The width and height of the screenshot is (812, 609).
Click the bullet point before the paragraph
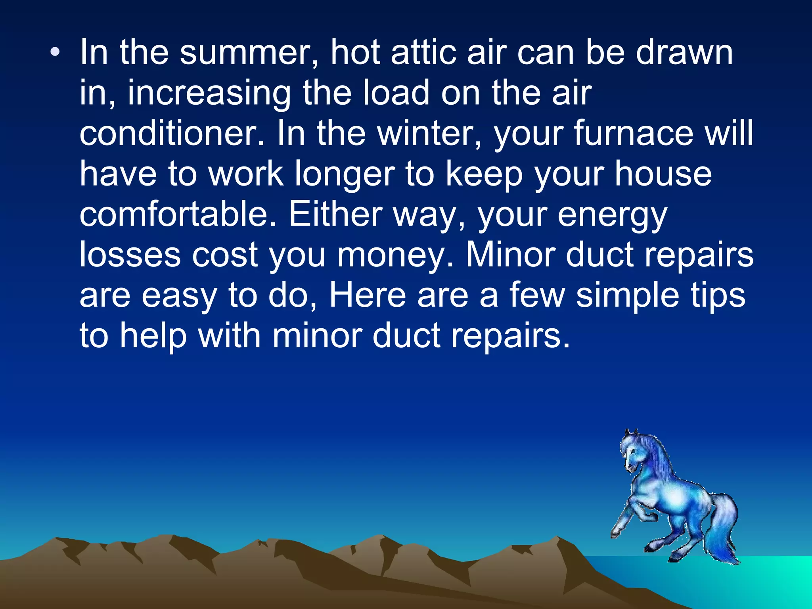pyautogui.click(x=56, y=52)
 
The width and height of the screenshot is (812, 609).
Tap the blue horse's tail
pyautogui.click(x=724, y=527)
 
